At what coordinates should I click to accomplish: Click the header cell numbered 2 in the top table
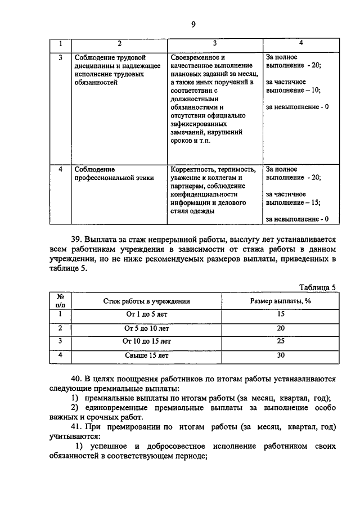[119, 44]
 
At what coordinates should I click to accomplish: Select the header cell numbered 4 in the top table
[301, 43]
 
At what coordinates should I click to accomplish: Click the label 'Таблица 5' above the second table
[317, 287]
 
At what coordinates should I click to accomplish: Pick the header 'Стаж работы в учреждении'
[147, 301]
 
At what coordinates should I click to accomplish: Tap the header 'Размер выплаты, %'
[281, 301]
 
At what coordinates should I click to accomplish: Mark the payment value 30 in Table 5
[281, 355]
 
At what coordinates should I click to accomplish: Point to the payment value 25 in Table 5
[281, 341]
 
